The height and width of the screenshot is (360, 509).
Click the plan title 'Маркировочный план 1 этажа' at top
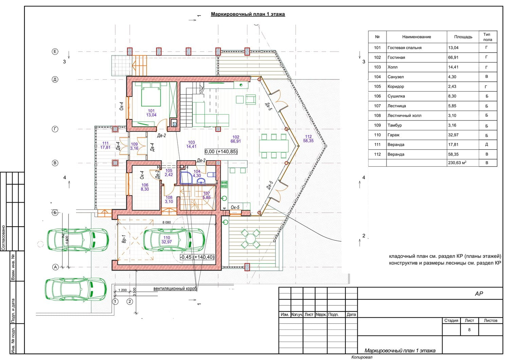[x=248, y=14]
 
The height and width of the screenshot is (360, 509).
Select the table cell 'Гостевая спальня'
[x=404, y=48]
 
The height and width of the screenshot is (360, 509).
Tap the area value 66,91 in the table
[x=453, y=57]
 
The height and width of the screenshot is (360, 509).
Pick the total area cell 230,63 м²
[x=457, y=163]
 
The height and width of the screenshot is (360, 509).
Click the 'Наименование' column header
[x=416, y=37]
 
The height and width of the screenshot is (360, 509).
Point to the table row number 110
[x=377, y=135]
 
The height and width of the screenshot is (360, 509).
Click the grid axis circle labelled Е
[x=55, y=52]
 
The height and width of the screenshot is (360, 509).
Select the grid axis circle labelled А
[x=55, y=267]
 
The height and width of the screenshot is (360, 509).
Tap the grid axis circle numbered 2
[x=130, y=302]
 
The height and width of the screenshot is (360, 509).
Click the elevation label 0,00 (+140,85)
[x=221, y=152]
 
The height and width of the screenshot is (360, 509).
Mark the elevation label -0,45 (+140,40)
[x=197, y=257]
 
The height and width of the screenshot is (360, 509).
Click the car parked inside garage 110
[x=174, y=240]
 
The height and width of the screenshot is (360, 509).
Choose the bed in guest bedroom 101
[x=151, y=94]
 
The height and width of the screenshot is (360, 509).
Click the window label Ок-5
[x=235, y=207]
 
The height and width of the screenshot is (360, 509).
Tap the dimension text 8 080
[x=167, y=222]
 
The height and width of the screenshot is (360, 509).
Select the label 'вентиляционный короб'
[x=175, y=289]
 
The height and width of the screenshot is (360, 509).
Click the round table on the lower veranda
[x=250, y=239]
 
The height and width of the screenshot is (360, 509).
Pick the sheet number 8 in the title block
[x=469, y=329]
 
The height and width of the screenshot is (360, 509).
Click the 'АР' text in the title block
[x=479, y=293]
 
